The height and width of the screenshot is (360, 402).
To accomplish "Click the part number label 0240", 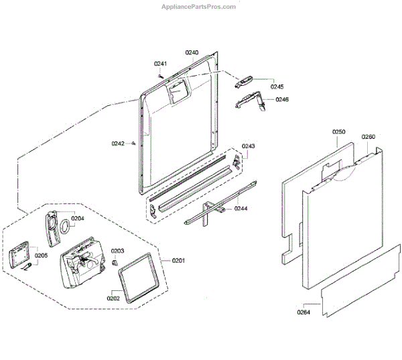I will point(192,52).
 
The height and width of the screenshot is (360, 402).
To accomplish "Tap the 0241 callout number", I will point(160,64).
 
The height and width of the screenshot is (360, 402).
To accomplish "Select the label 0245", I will point(277,86).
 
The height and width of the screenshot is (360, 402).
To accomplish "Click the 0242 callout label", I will point(119,143).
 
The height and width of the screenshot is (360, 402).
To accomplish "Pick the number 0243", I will point(249,146).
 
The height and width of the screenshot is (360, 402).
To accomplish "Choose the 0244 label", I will point(241,208).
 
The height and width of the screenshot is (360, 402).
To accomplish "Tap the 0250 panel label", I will point(339,133).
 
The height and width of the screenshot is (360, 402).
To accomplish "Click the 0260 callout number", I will point(368,137).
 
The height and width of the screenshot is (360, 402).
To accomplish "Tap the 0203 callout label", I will point(118,251).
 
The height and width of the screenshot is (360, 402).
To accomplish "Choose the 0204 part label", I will point(78,218).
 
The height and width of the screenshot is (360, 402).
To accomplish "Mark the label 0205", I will point(42,255).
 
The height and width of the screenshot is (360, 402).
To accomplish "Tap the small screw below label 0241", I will point(161,75).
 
